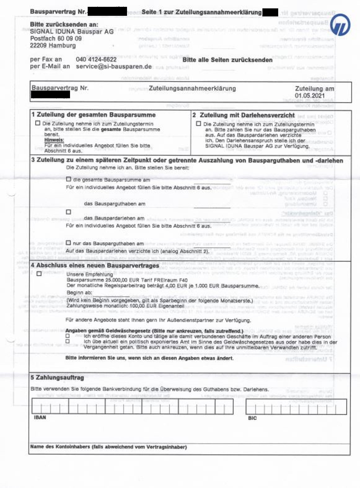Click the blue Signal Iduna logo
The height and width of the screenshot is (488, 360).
coord(340,25)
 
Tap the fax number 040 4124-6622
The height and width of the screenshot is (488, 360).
coord(96,59)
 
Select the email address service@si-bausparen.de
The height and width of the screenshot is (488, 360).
coord(114,67)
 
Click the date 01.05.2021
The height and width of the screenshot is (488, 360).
coord(310,95)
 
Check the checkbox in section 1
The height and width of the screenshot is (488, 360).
coord(38,123)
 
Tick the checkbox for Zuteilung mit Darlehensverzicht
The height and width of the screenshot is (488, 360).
coord(199,123)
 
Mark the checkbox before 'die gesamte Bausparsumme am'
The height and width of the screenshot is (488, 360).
coord(68,179)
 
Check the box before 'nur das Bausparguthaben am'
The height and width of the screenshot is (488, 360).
coord(68,243)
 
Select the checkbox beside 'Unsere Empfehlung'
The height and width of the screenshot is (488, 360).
coord(39,273)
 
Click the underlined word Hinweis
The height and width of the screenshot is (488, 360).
coord(54,140)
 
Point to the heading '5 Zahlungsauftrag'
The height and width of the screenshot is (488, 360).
coord(57,378)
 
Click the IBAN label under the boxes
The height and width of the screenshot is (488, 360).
coord(40,417)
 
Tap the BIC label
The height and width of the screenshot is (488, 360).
coord(252,418)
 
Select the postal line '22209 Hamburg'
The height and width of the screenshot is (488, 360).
coord(53,46)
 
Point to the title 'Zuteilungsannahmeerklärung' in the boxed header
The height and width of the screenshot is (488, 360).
coord(192,88)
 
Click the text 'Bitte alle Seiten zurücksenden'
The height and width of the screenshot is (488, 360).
coord(227,60)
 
